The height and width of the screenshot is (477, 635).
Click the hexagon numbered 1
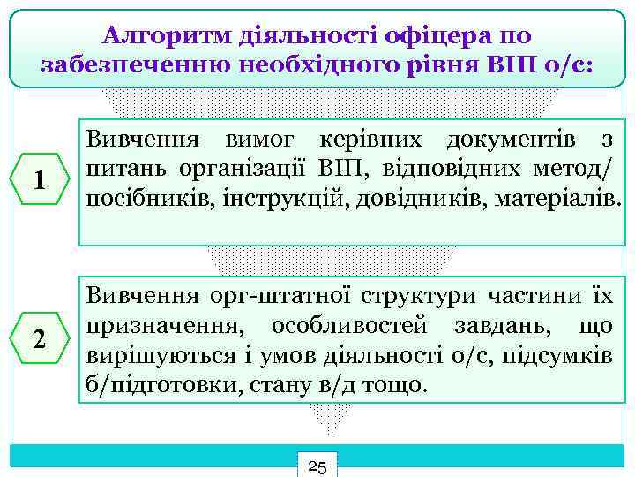[x=39, y=180]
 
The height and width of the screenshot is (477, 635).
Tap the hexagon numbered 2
[x=39, y=338]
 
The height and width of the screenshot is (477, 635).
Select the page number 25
[x=318, y=466]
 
